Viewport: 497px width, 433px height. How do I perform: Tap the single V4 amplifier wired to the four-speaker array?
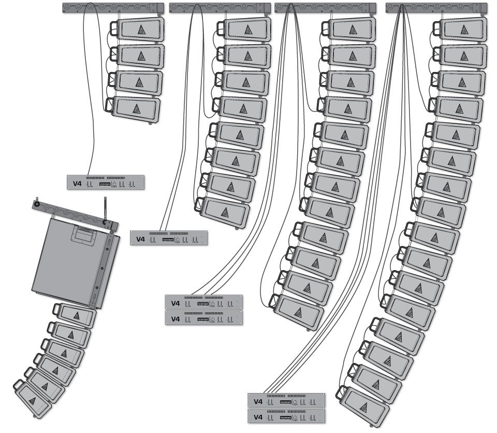point(106,183)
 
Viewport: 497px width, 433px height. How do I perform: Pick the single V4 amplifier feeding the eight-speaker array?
point(169,238)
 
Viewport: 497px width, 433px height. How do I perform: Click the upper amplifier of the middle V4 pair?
point(204,302)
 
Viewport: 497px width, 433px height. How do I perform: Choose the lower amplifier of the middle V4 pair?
point(204,317)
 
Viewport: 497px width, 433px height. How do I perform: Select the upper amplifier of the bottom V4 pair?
point(287,401)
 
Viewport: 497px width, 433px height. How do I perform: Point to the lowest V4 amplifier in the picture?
point(287,416)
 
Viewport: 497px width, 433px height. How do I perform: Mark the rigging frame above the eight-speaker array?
point(220,8)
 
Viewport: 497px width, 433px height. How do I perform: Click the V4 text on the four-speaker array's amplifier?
point(77,183)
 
